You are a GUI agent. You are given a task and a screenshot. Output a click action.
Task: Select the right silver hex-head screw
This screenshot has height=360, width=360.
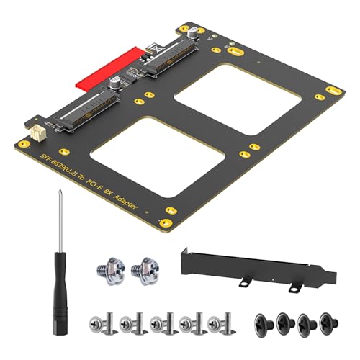(148, 269)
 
